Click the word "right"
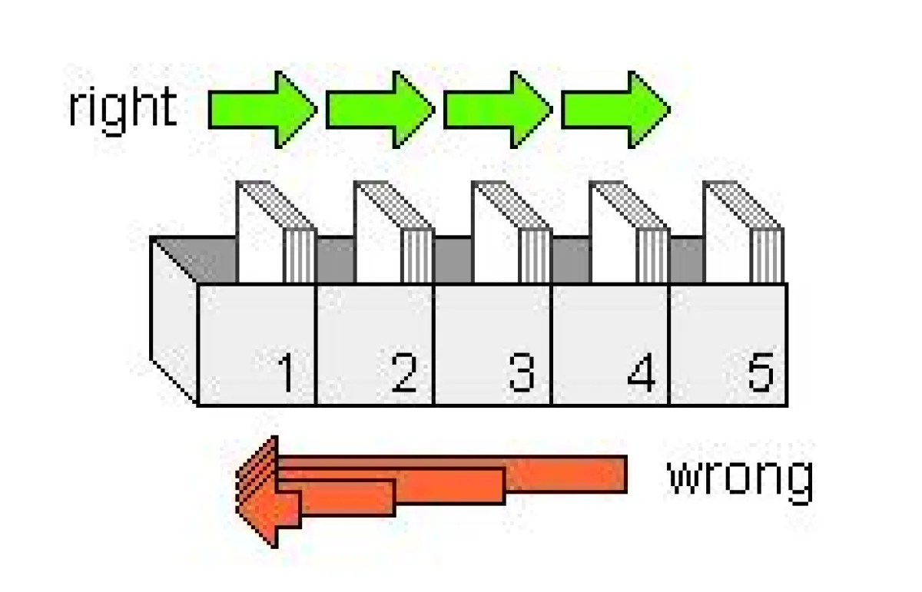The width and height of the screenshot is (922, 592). point(122,109)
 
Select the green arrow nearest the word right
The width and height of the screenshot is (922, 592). point(262,110)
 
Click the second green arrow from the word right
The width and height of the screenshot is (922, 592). point(380,110)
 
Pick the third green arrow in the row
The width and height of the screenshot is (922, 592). point(497,110)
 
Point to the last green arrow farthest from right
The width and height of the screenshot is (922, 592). point(615,110)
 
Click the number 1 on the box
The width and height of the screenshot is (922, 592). point(286,374)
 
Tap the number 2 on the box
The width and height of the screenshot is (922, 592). point(403,374)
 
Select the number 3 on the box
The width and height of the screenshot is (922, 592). point(521,374)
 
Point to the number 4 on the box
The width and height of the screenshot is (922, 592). point(641,374)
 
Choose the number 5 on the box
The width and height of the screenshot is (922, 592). point(760,372)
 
